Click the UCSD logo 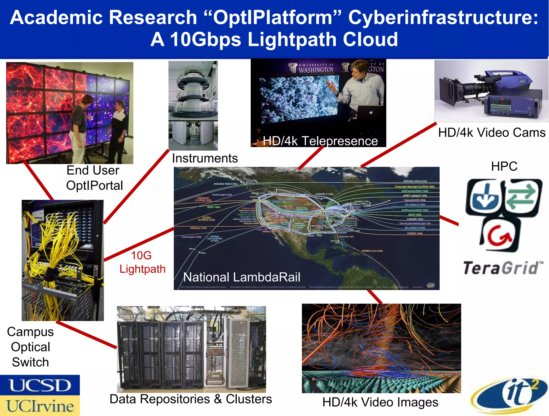40,385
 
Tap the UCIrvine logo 40,406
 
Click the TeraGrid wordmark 503,268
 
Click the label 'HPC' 504,166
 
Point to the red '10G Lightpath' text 142,262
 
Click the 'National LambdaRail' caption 242,277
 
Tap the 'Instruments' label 205,158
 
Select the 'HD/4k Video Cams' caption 492,133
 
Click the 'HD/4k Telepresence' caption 320,141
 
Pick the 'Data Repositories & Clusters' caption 191,399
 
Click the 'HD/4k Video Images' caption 380,402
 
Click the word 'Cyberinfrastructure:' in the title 443,18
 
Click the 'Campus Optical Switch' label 30,347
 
